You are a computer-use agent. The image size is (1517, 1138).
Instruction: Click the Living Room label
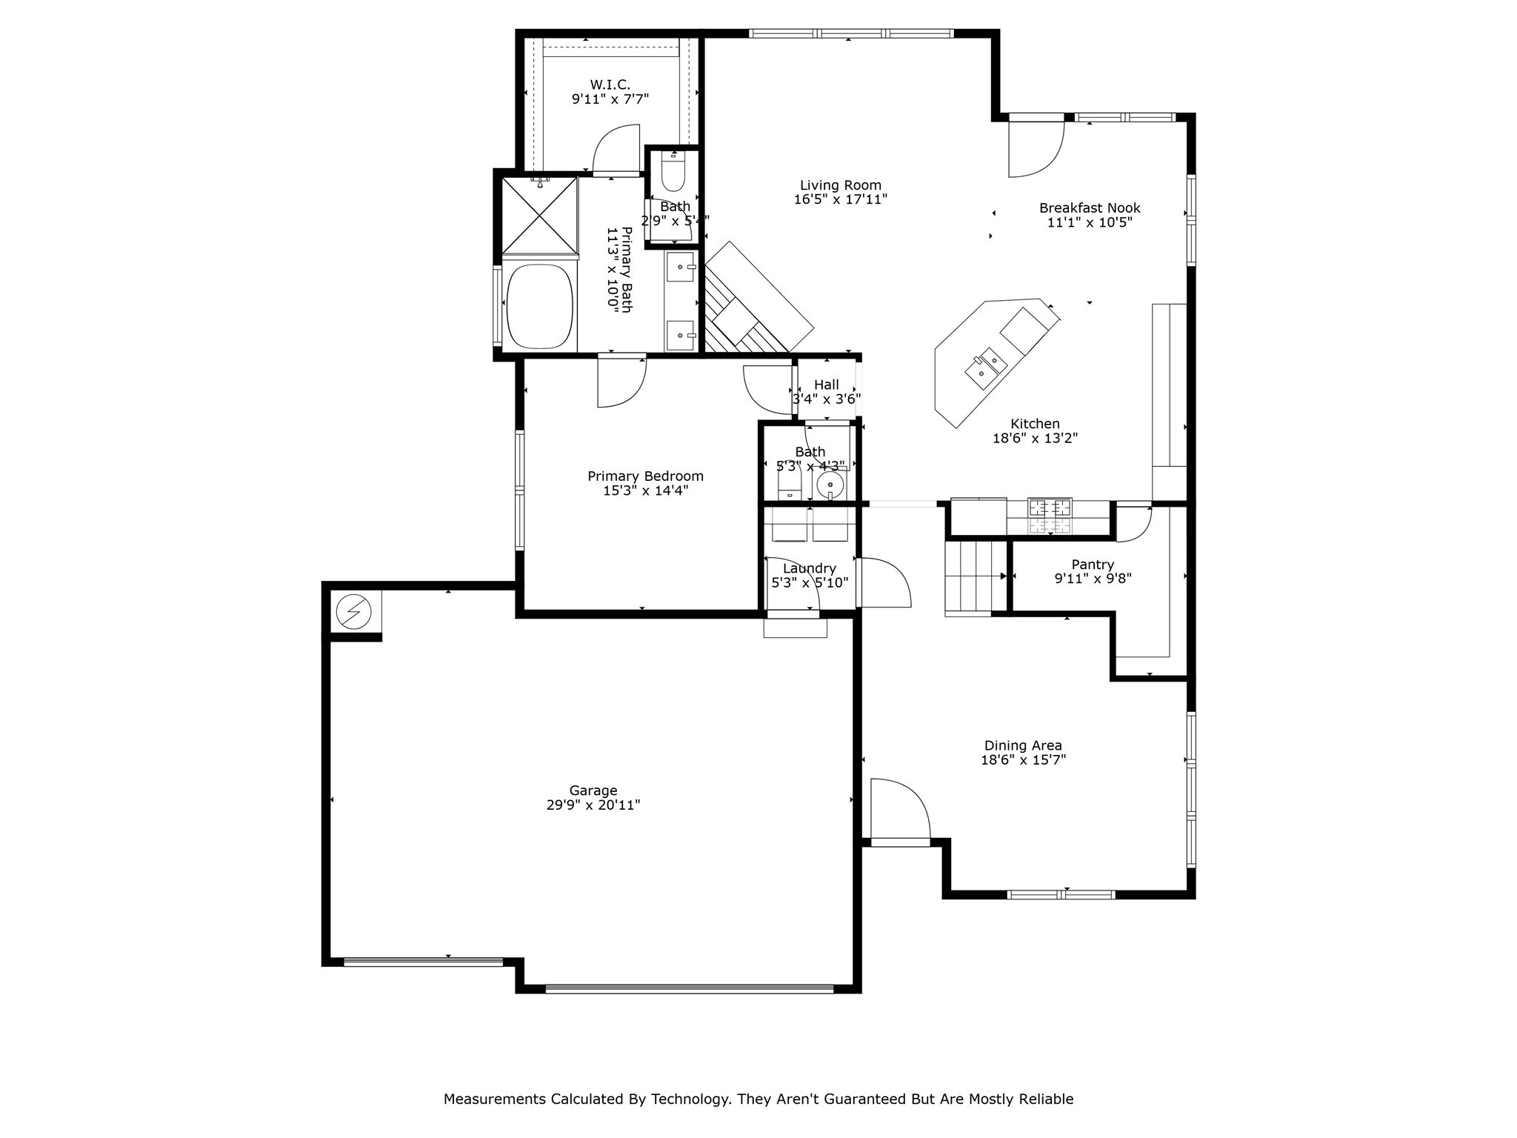pos(840,185)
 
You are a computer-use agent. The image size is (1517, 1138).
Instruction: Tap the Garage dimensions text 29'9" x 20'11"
pos(593,805)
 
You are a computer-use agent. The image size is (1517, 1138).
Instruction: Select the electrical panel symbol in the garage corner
pos(353,612)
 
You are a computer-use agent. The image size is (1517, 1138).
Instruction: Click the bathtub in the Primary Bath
pos(540,306)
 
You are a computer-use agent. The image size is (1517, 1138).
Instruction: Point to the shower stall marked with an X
pos(539,214)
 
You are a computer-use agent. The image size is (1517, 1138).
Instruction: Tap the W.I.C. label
pos(610,84)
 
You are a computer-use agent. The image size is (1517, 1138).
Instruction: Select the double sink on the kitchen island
pos(986,367)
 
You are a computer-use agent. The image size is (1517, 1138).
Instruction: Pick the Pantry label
pos(1092,565)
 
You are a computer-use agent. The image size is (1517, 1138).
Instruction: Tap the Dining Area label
pos(1022,745)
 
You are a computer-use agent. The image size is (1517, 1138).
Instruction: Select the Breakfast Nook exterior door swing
pos(1035,149)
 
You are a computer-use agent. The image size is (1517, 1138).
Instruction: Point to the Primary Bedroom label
pos(645,476)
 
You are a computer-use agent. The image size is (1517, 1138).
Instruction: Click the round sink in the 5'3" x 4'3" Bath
pos(830,486)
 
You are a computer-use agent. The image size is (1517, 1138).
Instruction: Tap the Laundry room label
pos(809,568)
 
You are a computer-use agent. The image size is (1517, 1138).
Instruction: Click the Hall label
pos(826,385)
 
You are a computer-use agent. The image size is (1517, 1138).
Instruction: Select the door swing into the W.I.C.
pos(616,150)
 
